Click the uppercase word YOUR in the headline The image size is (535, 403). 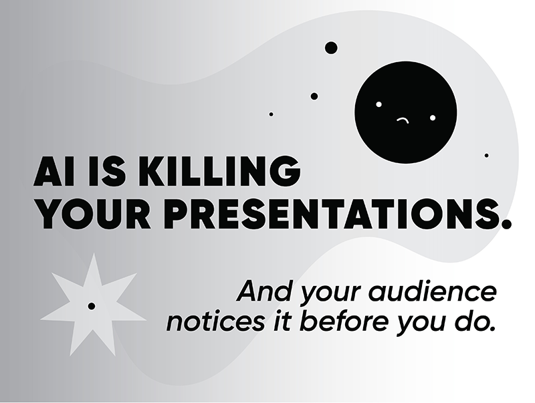coord(94,214)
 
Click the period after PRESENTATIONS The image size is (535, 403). coord(506,224)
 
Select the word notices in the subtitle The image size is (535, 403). coord(215,321)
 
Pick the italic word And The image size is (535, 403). coord(265,291)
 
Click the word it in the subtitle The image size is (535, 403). coord(282,321)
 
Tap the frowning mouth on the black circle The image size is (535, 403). coord(403,120)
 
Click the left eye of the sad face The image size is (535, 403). coord(379,104)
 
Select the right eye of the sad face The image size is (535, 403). coord(433,118)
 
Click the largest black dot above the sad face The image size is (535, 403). coord(331,47)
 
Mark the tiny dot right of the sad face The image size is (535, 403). coord(487,156)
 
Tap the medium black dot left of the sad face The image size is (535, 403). coord(314,96)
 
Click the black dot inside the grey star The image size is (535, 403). coord(92,306)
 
